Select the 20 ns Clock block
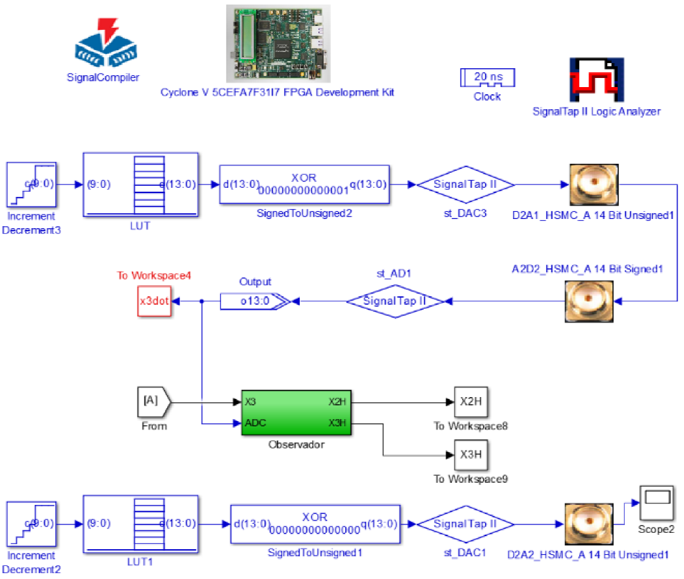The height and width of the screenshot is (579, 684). tap(487, 78)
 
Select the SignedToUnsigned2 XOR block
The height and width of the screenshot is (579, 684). tap(304, 184)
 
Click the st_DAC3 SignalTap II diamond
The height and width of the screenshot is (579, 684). tap(465, 185)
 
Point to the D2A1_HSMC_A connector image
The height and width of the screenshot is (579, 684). tap(594, 185)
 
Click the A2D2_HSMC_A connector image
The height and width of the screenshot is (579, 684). tap(594, 301)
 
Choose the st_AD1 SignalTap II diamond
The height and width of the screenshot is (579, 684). tap(394, 301)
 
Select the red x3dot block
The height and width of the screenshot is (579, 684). tap(154, 302)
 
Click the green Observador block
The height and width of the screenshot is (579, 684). tap(296, 413)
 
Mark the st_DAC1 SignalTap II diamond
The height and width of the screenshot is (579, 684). tap(465, 524)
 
